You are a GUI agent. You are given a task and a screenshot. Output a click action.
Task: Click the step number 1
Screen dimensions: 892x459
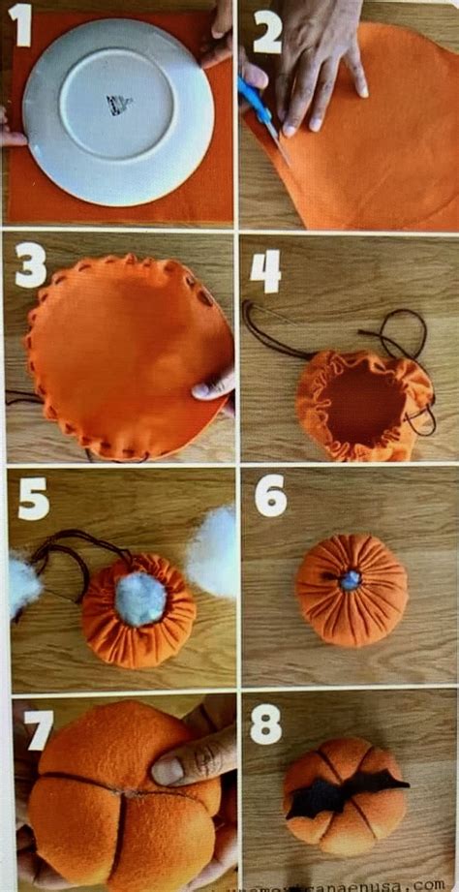tap(20, 26)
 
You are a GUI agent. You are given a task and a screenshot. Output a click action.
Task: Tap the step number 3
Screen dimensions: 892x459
tap(30, 263)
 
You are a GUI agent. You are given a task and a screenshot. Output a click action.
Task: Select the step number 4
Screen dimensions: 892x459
tap(264, 270)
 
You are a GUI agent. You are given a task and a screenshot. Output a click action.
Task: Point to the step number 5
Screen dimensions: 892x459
tap(32, 499)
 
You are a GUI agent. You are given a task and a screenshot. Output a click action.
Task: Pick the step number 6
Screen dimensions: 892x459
tap(270, 496)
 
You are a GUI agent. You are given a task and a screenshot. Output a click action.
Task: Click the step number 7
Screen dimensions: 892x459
tap(40, 729)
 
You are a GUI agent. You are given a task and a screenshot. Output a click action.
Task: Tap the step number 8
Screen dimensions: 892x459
tap(265, 723)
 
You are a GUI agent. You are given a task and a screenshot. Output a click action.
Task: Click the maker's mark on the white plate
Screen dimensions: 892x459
tap(119, 104)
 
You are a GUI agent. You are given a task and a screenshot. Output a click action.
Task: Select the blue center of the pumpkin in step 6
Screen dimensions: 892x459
tap(350, 579)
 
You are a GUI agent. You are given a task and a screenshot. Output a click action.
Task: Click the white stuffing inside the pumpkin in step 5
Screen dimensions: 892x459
tap(140, 598)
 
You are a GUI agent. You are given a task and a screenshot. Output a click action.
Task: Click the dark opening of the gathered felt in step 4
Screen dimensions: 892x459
tap(364, 399)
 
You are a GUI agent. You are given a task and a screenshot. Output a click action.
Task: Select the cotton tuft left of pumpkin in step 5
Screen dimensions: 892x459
tap(23, 584)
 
